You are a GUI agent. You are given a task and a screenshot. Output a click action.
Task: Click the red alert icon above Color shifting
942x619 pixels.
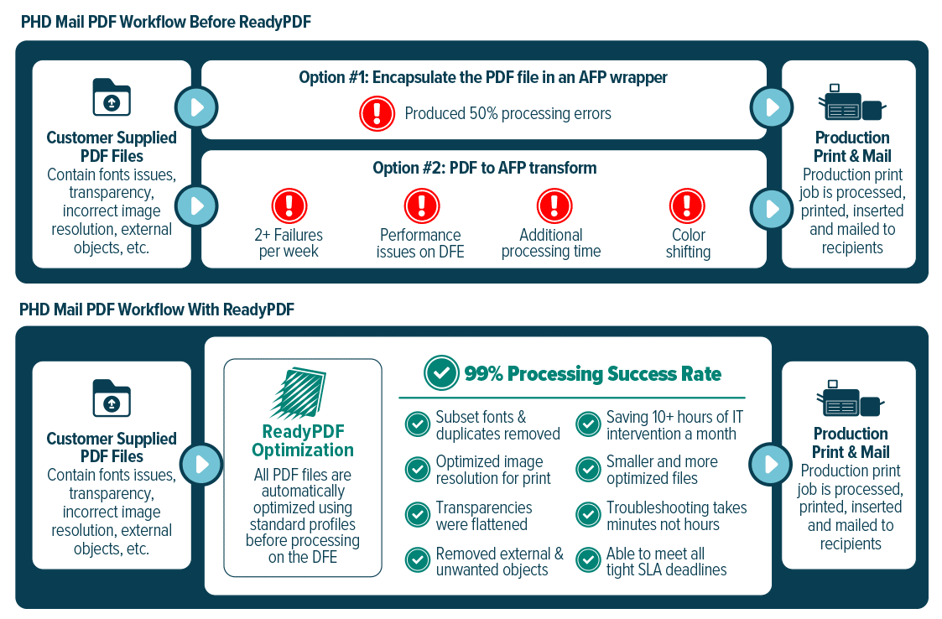687,205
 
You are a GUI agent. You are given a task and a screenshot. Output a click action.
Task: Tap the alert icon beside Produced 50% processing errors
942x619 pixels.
377,113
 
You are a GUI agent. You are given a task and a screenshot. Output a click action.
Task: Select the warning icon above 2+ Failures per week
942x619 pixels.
289,205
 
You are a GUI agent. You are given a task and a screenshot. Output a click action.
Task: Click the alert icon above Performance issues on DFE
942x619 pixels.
422,205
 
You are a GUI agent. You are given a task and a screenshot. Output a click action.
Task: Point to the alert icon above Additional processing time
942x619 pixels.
554,205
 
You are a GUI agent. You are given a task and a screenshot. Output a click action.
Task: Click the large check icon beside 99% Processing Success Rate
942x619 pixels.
441,372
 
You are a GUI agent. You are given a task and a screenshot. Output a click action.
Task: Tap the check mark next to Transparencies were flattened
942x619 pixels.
418,515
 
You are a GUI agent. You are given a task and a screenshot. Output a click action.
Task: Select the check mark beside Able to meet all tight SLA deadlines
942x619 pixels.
588,560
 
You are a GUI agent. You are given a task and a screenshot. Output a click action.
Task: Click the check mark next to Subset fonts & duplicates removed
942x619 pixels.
418,424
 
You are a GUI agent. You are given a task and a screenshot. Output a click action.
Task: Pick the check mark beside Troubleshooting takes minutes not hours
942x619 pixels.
588,515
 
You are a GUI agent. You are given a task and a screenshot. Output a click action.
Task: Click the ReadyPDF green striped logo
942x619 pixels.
298,393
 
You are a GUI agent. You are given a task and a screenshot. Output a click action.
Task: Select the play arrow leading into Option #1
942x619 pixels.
196,107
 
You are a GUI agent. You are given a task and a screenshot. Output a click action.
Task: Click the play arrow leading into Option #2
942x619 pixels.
196,206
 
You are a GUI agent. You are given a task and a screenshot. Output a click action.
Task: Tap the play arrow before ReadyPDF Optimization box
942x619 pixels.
202,465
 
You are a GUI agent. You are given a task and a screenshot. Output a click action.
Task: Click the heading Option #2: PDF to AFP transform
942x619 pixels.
485,168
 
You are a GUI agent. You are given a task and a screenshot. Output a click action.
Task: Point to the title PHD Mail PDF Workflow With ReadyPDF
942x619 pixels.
157,309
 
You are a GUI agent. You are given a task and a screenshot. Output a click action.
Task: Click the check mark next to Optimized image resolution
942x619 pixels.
418,470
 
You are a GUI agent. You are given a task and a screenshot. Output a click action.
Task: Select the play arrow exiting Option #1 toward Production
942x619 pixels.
772,107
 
